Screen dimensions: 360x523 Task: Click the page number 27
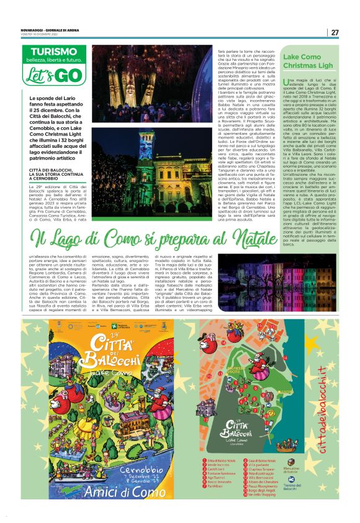(x=335, y=32)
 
